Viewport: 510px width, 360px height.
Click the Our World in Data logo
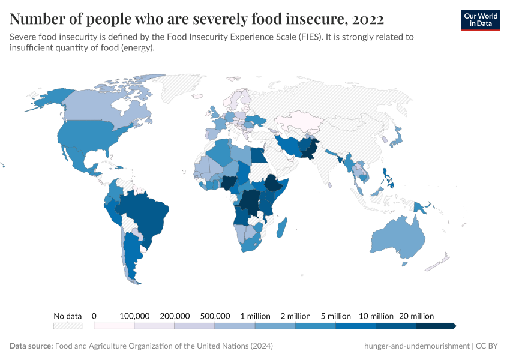click(480, 19)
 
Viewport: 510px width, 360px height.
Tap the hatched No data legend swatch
click(67, 326)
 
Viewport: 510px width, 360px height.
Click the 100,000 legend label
click(134, 316)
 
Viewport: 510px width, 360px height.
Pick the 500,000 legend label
click(214, 316)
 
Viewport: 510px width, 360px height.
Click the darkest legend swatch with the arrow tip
click(436, 326)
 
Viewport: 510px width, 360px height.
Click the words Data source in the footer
click(31, 346)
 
